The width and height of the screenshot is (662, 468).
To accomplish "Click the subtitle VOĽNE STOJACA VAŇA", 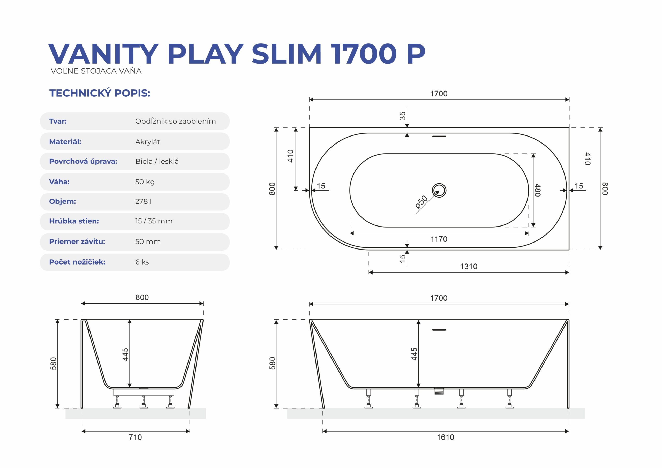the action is click(96, 71).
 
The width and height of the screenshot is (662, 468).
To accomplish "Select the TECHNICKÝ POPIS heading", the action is click(100, 93).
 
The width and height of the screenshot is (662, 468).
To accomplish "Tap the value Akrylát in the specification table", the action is click(147, 142).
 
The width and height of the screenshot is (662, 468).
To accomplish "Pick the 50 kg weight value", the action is click(145, 182).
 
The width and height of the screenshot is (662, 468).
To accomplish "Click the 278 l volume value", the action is click(143, 201).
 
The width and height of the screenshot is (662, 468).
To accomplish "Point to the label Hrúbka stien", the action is click(74, 221).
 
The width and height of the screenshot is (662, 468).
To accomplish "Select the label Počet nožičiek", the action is click(77, 262).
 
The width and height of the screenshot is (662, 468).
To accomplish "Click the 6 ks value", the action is click(142, 262).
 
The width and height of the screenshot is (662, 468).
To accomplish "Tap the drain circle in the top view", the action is click(439, 190).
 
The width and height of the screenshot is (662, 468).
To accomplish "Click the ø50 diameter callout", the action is click(421, 202).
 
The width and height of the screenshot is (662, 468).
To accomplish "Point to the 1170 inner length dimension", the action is click(439, 239).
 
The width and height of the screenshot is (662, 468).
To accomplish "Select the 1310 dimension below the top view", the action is click(469, 266).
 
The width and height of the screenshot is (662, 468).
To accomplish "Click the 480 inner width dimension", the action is click(537, 190).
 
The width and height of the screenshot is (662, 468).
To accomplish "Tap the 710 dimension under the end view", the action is click(135, 437).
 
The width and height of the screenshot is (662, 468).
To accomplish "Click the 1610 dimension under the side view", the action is click(446, 437).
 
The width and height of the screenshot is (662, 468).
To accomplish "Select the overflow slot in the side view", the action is click(439, 330).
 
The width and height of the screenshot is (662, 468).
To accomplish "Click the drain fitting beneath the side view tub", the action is click(439, 391).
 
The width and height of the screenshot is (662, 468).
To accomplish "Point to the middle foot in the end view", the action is click(144, 402).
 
